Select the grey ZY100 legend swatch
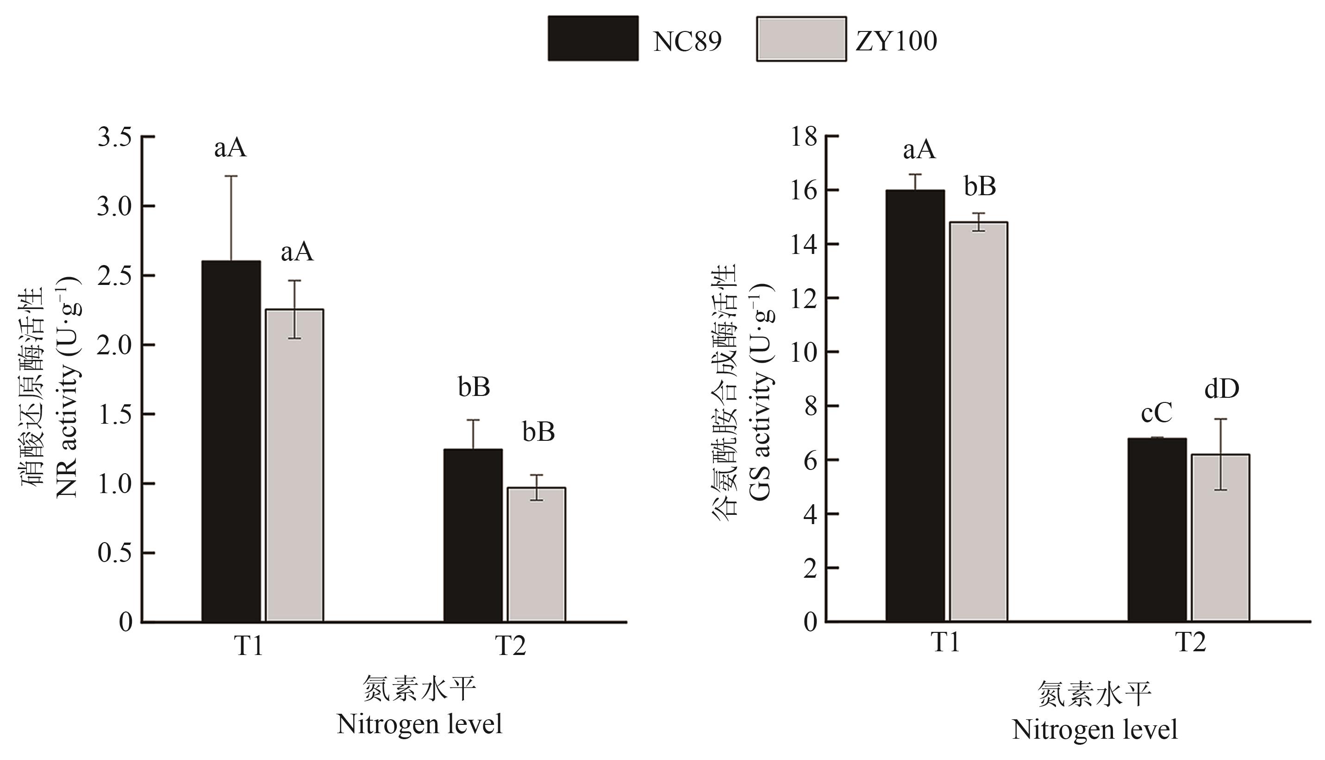[x=801, y=39]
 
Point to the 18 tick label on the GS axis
[x=804, y=137]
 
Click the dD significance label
[x=1222, y=389]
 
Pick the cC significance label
[x=1157, y=414]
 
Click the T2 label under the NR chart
[x=510, y=646]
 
